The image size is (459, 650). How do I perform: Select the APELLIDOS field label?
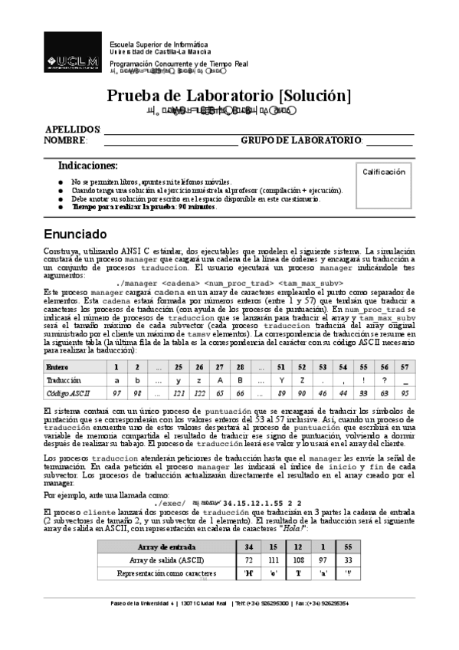tap(73, 130)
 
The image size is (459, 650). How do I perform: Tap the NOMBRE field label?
tap(65, 140)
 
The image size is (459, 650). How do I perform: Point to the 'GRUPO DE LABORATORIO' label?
tap(301, 140)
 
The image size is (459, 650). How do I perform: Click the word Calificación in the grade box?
tap(383, 172)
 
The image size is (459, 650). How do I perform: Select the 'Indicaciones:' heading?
tap(88, 166)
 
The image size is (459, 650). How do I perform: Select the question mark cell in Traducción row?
tap(383, 380)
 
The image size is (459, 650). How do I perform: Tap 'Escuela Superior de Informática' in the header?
tap(159, 44)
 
